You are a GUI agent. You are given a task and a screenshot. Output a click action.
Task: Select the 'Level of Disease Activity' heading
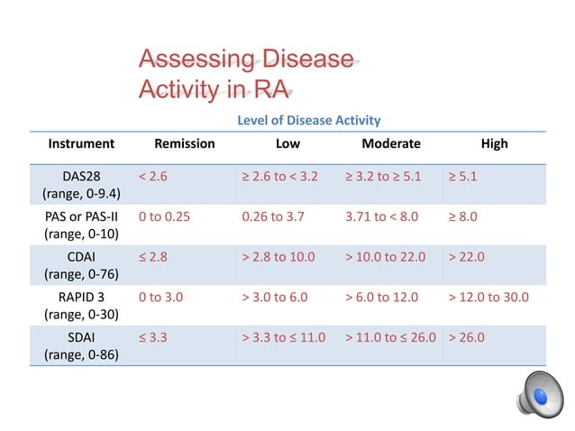(x=308, y=120)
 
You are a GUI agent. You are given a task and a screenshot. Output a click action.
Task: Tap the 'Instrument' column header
(x=81, y=143)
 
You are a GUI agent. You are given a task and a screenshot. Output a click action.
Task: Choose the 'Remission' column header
(x=185, y=143)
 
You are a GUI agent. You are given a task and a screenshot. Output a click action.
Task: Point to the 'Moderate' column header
(x=390, y=143)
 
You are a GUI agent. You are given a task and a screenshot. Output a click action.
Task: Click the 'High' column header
(x=494, y=143)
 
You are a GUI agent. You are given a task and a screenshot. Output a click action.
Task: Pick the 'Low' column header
(x=287, y=143)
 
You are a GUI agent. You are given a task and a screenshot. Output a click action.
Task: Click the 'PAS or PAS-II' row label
(x=81, y=225)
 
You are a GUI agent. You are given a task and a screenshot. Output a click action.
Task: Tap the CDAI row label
(x=81, y=265)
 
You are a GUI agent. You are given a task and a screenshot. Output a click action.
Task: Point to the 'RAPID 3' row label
(x=81, y=305)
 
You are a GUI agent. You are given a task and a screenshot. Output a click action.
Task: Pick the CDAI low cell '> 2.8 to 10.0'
(x=278, y=256)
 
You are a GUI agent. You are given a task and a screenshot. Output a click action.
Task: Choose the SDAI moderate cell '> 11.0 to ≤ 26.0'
(x=390, y=336)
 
